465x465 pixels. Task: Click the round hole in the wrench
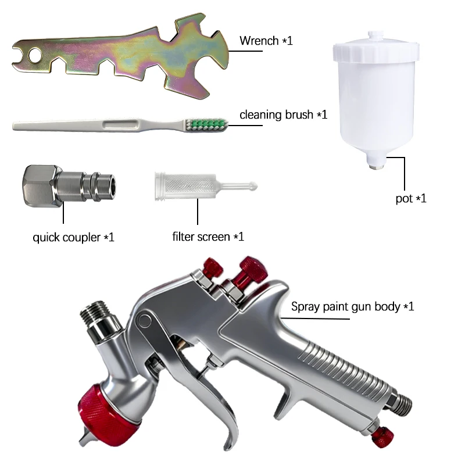35,55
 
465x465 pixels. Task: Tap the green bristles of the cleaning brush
208,125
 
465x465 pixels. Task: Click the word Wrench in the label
259,41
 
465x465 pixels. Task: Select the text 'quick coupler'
66,238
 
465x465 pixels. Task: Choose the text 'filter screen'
201,237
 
